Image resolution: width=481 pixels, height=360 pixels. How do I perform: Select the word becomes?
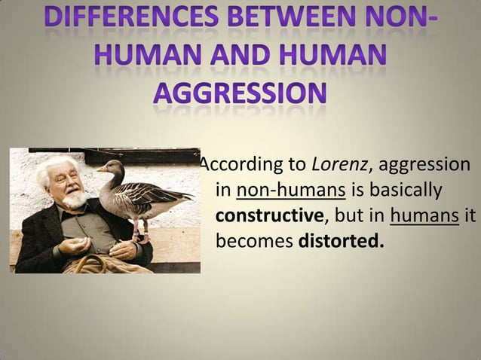[x=255, y=243]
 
